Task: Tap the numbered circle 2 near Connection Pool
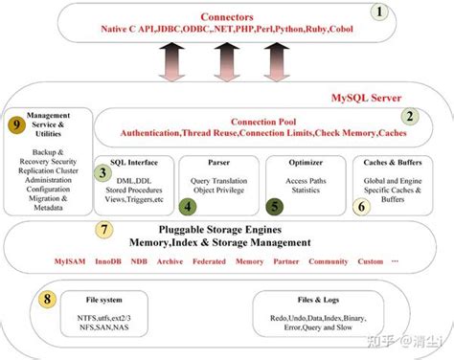(x=411, y=117)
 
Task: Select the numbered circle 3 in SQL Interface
(x=102, y=173)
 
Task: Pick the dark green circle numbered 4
(x=190, y=205)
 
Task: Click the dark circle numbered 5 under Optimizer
(x=274, y=205)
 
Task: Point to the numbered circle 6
(x=361, y=205)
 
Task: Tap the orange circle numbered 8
(x=48, y=300)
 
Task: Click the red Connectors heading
(x=228, y=17)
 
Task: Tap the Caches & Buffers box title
(x=390, y=163)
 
